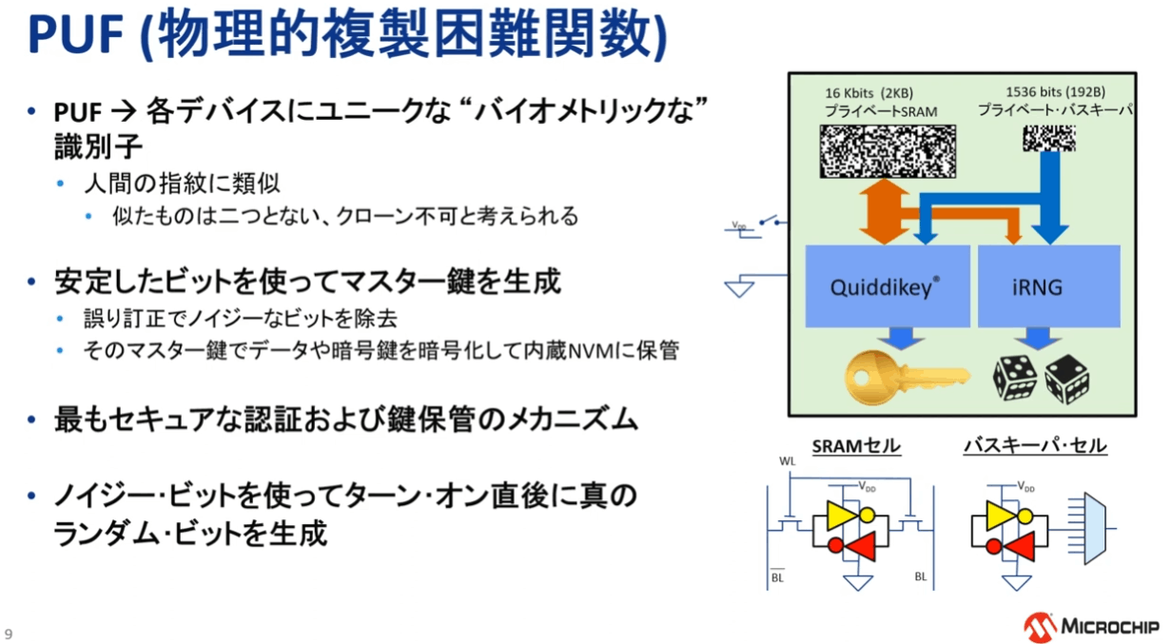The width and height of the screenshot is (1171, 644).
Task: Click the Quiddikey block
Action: point(887,286)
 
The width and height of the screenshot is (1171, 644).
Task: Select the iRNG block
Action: point(1038,286)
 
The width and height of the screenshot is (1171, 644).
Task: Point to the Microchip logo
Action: point(1091,625)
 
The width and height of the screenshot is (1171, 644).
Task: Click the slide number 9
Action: point(9,634)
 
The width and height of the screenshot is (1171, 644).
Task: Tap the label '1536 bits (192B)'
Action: point(1056,93)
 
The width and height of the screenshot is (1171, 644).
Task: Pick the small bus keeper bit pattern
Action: point(1048,140)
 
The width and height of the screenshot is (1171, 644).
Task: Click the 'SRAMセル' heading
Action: point(856,446)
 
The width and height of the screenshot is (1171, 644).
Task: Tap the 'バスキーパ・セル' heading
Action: point(1035,446)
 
